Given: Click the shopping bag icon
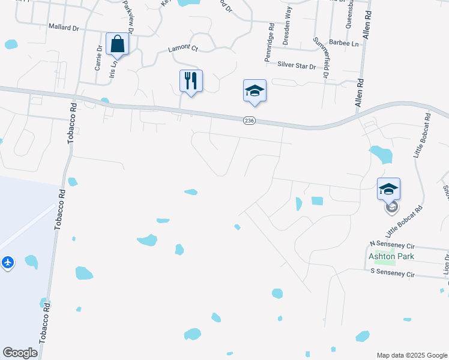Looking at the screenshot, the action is pos(117,44).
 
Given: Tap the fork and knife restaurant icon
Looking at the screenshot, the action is pos(191,80).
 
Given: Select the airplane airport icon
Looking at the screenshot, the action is pos(7,262).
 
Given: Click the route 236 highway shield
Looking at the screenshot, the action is pos(250,121).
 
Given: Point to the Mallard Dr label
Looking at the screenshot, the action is pos(64,27).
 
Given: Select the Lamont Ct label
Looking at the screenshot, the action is pos(182,47).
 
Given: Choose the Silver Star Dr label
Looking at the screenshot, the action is pos(297,65).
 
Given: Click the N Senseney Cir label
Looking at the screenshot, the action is pos(393,244).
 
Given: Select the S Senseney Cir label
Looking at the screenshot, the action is pos(393,273).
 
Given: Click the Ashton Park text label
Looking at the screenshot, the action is pos(391,256).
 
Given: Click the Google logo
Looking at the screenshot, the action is pos(20,353).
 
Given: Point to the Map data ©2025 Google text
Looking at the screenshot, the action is pos(411,355).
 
